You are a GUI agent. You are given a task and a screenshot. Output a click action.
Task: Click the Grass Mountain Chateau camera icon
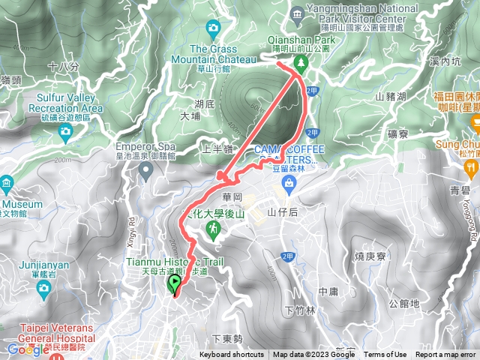(214, 28)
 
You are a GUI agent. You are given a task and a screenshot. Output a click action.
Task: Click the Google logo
(28, 349)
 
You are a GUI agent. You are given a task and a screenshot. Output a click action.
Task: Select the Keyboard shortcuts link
(232, 355)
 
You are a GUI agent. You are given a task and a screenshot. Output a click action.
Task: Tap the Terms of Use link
(385, 355)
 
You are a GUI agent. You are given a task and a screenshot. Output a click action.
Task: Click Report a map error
(446, 355)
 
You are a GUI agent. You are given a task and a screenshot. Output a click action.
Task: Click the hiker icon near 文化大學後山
(215, 226)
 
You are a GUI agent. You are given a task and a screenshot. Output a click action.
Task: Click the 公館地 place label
(405, 304)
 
